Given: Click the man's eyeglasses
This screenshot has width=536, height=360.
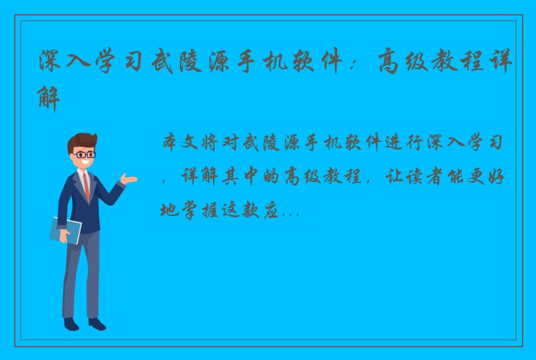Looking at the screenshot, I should [x=85, y=153].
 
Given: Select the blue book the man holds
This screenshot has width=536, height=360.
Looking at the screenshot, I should [x=65, y=230].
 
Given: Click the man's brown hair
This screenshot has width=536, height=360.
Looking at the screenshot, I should [x=82, y=141].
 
